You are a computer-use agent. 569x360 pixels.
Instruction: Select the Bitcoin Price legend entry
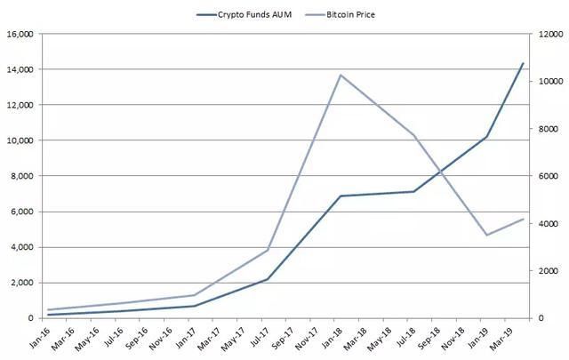pos(360,14)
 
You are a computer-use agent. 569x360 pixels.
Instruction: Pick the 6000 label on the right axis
pos(544,176)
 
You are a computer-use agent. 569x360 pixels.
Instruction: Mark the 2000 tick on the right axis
pos(544,271)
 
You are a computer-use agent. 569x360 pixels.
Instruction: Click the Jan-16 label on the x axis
pos(39,336)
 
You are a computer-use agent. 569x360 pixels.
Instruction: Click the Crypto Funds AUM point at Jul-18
pos(413,191)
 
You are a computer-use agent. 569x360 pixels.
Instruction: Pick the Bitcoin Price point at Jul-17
pos(268,250)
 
